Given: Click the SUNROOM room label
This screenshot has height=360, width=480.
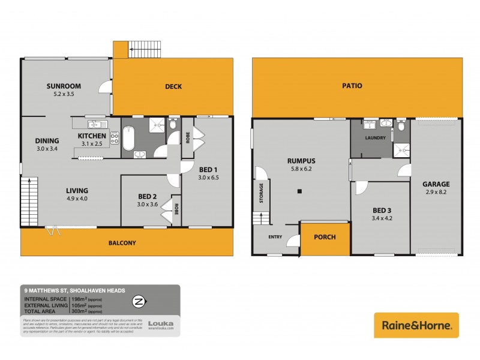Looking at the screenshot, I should point(64,86).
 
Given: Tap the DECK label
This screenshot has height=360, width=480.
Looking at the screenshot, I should point(173,86).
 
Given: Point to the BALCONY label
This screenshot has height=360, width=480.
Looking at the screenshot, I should point(121,243).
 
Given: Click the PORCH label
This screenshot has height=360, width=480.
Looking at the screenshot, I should point(325,236).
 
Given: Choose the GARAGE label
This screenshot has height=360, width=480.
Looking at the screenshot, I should point(436,184).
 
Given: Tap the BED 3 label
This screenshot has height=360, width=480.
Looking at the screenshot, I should point(382,209).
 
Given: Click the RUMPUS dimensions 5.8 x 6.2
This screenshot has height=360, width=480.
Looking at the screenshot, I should point(301,169).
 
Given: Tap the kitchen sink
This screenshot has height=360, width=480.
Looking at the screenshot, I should point(96,124).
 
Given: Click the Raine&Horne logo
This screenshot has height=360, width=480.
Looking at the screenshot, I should point(416,325).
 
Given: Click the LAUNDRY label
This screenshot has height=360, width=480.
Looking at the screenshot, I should point(374,138).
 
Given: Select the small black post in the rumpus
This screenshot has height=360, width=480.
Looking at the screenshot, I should point(298,192).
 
